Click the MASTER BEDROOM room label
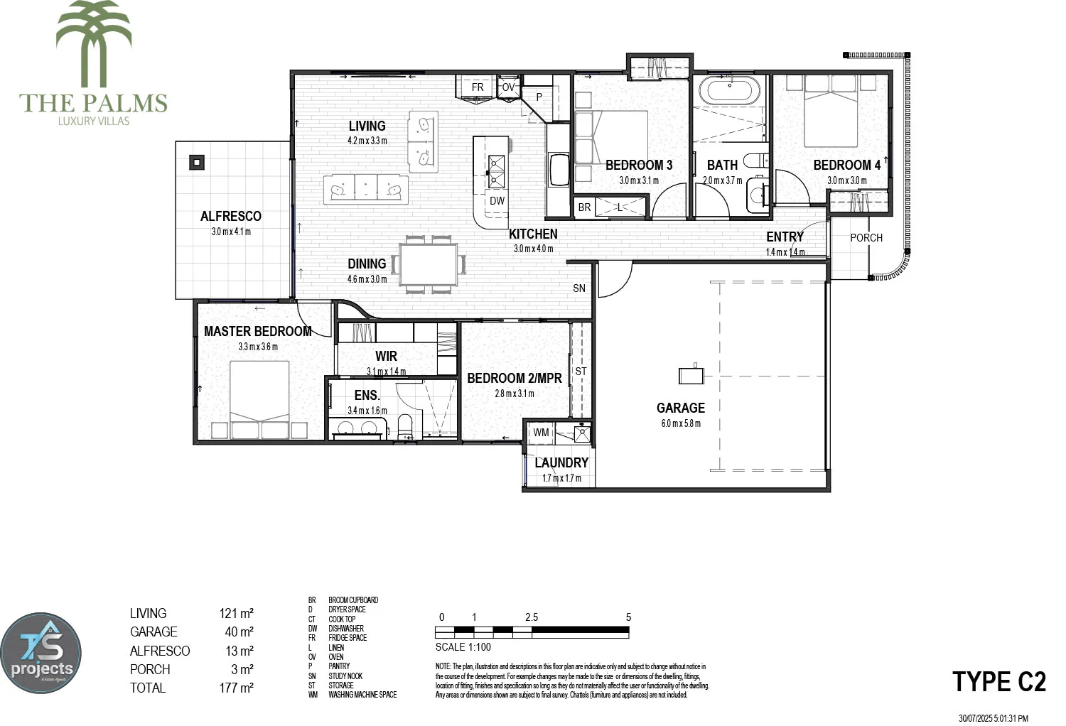click(x=257, y=331)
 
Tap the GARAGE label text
click(x=680, y=408)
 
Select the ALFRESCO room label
click(x=230, y=216)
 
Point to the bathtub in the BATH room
click(x=729, y=92)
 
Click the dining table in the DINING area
click(x=428, y=265)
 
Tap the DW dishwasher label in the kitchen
click(x=497, y=201)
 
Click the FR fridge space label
click(x=478, y=87)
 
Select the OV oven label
click(x=508, y=87)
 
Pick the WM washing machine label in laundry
click(x=541, y=432)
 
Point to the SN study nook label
click(x=579, y=288)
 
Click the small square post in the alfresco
click(x=196, y=162)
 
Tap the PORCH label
click(x=866, y=238)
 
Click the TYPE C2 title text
click(x=998, y=681)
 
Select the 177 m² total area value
click(x=236, y=688)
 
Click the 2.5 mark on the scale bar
click(x=532, y=617)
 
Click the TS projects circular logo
click(x=41, y=654)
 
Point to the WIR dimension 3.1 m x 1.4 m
click(x=386, y=372)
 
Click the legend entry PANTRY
click(x=339, y=666)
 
